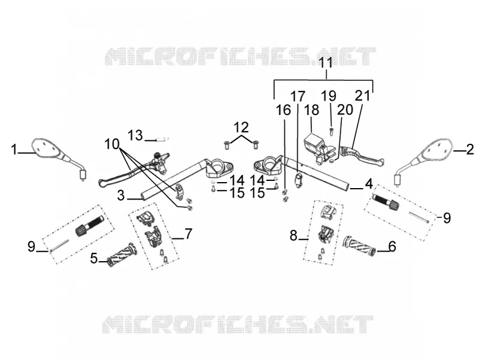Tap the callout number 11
point(326,63)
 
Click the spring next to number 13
point(162,140)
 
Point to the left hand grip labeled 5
point(122,255)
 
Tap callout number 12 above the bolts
point(241,127)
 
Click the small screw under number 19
point(331,131)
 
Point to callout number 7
point(188,234)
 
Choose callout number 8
point(293,235)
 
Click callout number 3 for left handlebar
point(121,196)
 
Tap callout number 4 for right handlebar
point(369,184)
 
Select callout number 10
point(112,144)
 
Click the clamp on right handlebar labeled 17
point(298,180)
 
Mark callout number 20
point(345,110)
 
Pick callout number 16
point(283,110)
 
